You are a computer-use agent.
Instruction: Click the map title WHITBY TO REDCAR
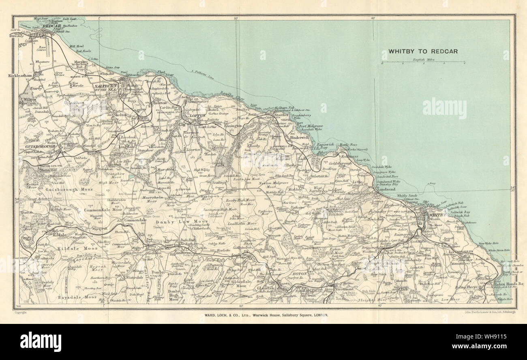point(418,51)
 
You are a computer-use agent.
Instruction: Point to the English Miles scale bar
point(423,62)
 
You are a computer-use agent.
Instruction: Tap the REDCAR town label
point(51,26)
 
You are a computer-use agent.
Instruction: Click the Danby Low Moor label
point(176,222)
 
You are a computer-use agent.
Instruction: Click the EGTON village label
point(300,274)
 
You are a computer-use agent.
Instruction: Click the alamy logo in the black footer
point(41,341)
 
